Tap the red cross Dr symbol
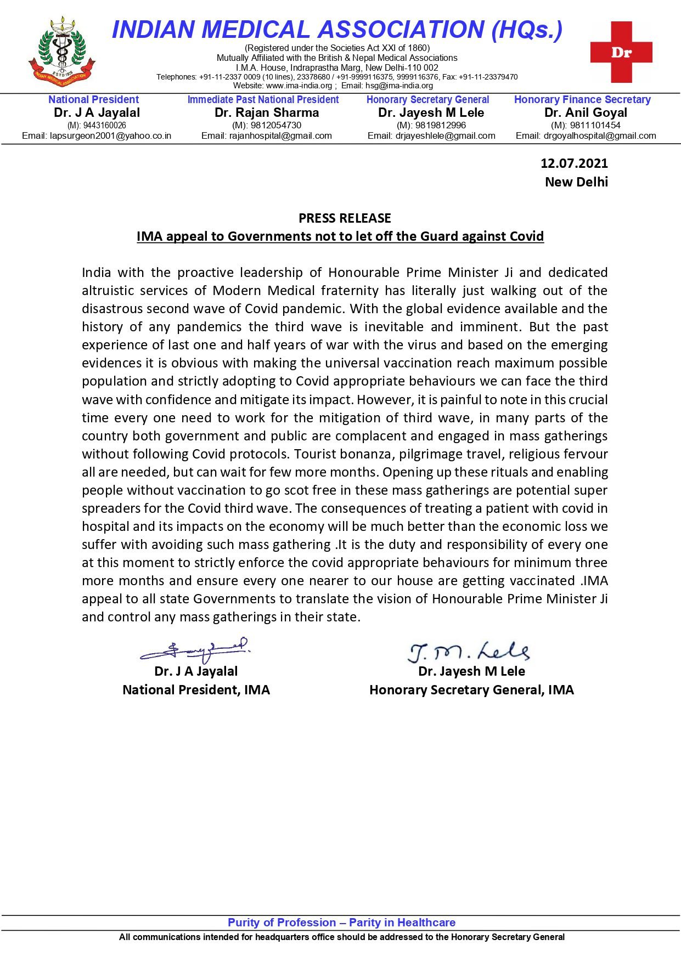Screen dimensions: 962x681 tap(621, 53)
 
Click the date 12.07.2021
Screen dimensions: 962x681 tap(574, 163)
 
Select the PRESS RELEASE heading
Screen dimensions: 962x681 tap(345, 218)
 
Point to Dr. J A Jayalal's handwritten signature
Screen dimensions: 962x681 tap(195, 650)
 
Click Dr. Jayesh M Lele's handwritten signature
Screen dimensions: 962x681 tap(468, 652)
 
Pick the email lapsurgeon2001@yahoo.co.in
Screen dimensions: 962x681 tap(97, 135)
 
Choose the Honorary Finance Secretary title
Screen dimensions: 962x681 tap(582, 100)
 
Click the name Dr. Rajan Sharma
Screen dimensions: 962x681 tap(267, 113)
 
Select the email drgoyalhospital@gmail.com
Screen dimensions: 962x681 tap(586, 135)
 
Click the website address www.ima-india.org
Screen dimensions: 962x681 tap(299, 86)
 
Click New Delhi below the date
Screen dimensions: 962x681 tap(576, 182)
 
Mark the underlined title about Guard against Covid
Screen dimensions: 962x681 tap(340, 236)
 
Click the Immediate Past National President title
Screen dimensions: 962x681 tap(263, 100)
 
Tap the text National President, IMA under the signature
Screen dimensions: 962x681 tap(196, 690)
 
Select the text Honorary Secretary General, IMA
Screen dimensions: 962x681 tap(471, 690)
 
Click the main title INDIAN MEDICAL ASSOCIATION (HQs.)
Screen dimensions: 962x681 tap(337, 30)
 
